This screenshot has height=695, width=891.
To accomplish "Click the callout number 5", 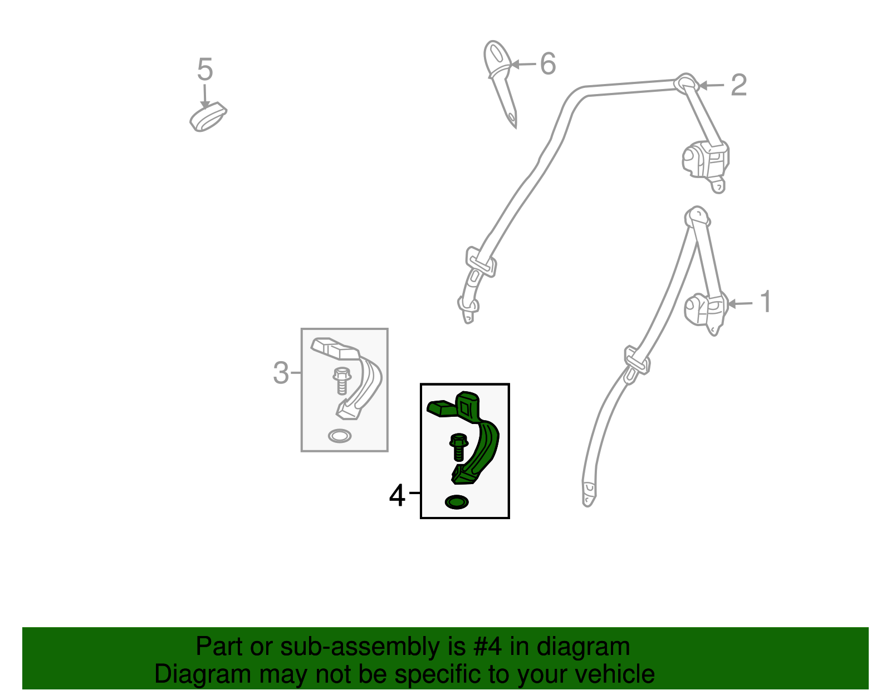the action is coord(205,69).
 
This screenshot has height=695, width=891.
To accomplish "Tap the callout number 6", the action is coord(548,64).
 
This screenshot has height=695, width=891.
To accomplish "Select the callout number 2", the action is coord(739,85).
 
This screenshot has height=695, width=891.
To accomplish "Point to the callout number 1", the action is coord(766,302).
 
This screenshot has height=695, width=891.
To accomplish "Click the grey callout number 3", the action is coord(281,373).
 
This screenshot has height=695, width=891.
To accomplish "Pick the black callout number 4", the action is coord(397,496).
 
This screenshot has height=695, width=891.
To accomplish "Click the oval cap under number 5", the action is coord(208,117).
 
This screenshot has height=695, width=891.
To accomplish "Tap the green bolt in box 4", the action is coord(459,447).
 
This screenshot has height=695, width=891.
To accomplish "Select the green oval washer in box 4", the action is coord(457,502).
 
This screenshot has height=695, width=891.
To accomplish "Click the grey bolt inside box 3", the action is coord(342,381).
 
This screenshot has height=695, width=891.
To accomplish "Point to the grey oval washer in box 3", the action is coord(340,436).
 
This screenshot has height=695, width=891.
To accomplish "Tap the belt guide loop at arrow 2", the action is coord(687,83).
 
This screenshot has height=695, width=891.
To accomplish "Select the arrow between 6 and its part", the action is coord(523,65).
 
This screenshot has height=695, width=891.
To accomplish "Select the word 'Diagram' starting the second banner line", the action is coord(203,674).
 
